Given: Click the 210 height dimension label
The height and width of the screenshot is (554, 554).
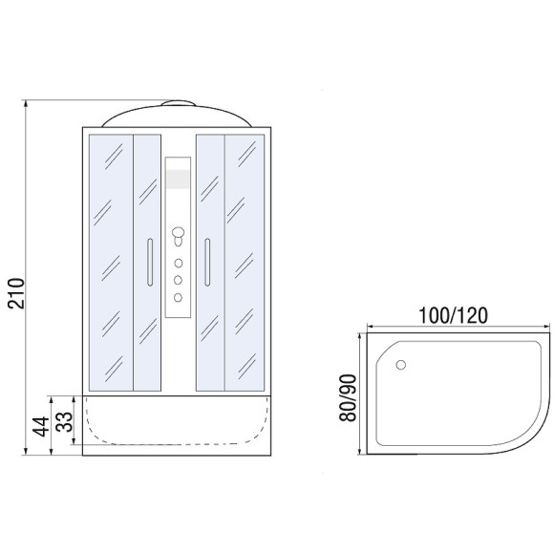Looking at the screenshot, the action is coord(16,293).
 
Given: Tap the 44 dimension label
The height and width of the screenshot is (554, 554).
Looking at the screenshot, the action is coord(41,426).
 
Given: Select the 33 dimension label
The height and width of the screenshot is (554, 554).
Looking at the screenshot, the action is coord(64,422).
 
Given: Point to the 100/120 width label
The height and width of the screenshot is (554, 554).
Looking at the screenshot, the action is coord(453,315).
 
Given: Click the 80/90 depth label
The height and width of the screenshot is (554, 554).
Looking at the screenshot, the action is coord(348,398).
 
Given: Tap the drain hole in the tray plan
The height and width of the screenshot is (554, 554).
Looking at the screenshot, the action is coord(400,365).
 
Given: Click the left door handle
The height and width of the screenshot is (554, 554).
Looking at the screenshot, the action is coord(150,262).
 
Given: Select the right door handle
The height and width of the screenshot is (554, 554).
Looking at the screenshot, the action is coord(207,262).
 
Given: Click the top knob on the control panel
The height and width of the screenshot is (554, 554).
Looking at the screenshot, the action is coord(178,233).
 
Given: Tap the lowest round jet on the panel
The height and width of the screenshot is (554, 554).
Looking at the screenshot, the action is coord(178,297).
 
